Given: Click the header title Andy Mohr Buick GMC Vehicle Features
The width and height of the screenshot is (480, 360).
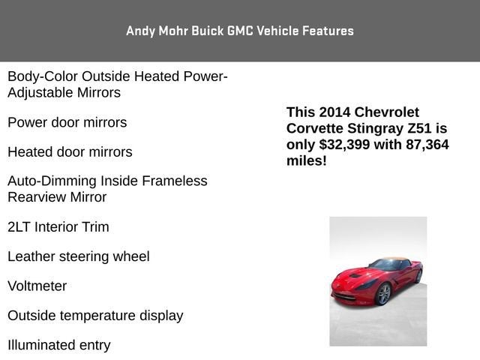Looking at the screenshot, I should [240, 31].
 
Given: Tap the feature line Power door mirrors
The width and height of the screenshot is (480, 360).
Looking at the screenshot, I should [67, 122].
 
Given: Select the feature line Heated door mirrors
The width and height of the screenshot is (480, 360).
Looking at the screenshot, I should [70, 152].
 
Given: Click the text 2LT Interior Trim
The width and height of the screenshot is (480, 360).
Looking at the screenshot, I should [58, 226].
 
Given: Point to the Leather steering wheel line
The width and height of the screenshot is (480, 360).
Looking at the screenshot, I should [79, 256].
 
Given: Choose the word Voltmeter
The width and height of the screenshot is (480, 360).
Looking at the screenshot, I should [37, 286].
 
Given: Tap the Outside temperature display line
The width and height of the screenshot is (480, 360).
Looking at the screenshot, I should [95, 316].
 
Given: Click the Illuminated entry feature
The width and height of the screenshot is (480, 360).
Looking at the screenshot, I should [59, 346].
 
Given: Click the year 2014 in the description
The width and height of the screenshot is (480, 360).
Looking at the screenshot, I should [334, 112].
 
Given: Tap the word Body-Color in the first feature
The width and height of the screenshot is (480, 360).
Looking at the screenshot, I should [42, 76].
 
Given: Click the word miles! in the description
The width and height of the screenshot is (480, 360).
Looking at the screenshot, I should [307, 161].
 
